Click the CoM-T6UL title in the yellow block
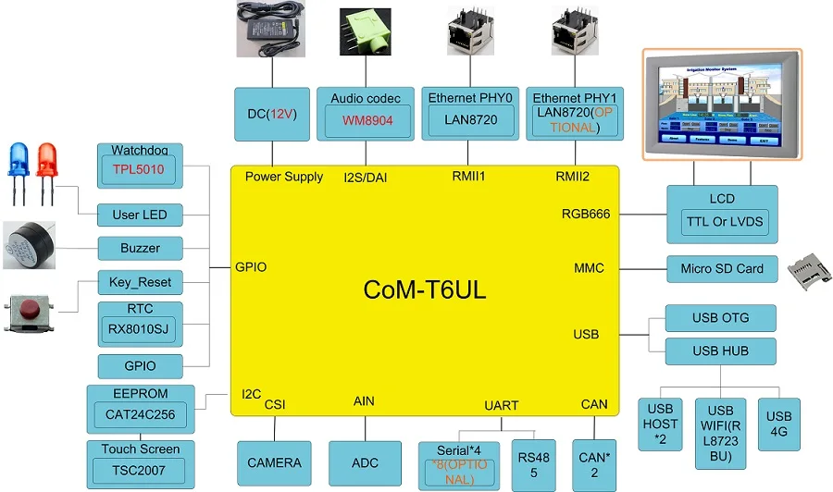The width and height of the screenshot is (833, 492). tap(424, 289)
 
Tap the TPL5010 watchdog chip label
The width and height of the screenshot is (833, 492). tap(140, 169)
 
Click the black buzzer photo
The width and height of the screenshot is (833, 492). tap(28, 245)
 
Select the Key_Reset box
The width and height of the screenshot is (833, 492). tap(140, 281)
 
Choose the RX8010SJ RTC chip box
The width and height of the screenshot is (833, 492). tap(140, 329)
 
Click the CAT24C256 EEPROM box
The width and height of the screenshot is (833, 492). tap(140, 414)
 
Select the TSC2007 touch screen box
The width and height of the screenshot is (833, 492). tap(140, 470)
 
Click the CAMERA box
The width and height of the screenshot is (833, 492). tap(274, 462)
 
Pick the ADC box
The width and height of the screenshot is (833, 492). tap(365, 462)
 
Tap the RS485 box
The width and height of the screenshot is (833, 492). tap(533, 465)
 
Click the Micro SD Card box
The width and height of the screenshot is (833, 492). tap(722, 268)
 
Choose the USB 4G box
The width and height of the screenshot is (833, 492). tap(779, 424)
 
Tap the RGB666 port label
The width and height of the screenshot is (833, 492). tap(585, 214)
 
